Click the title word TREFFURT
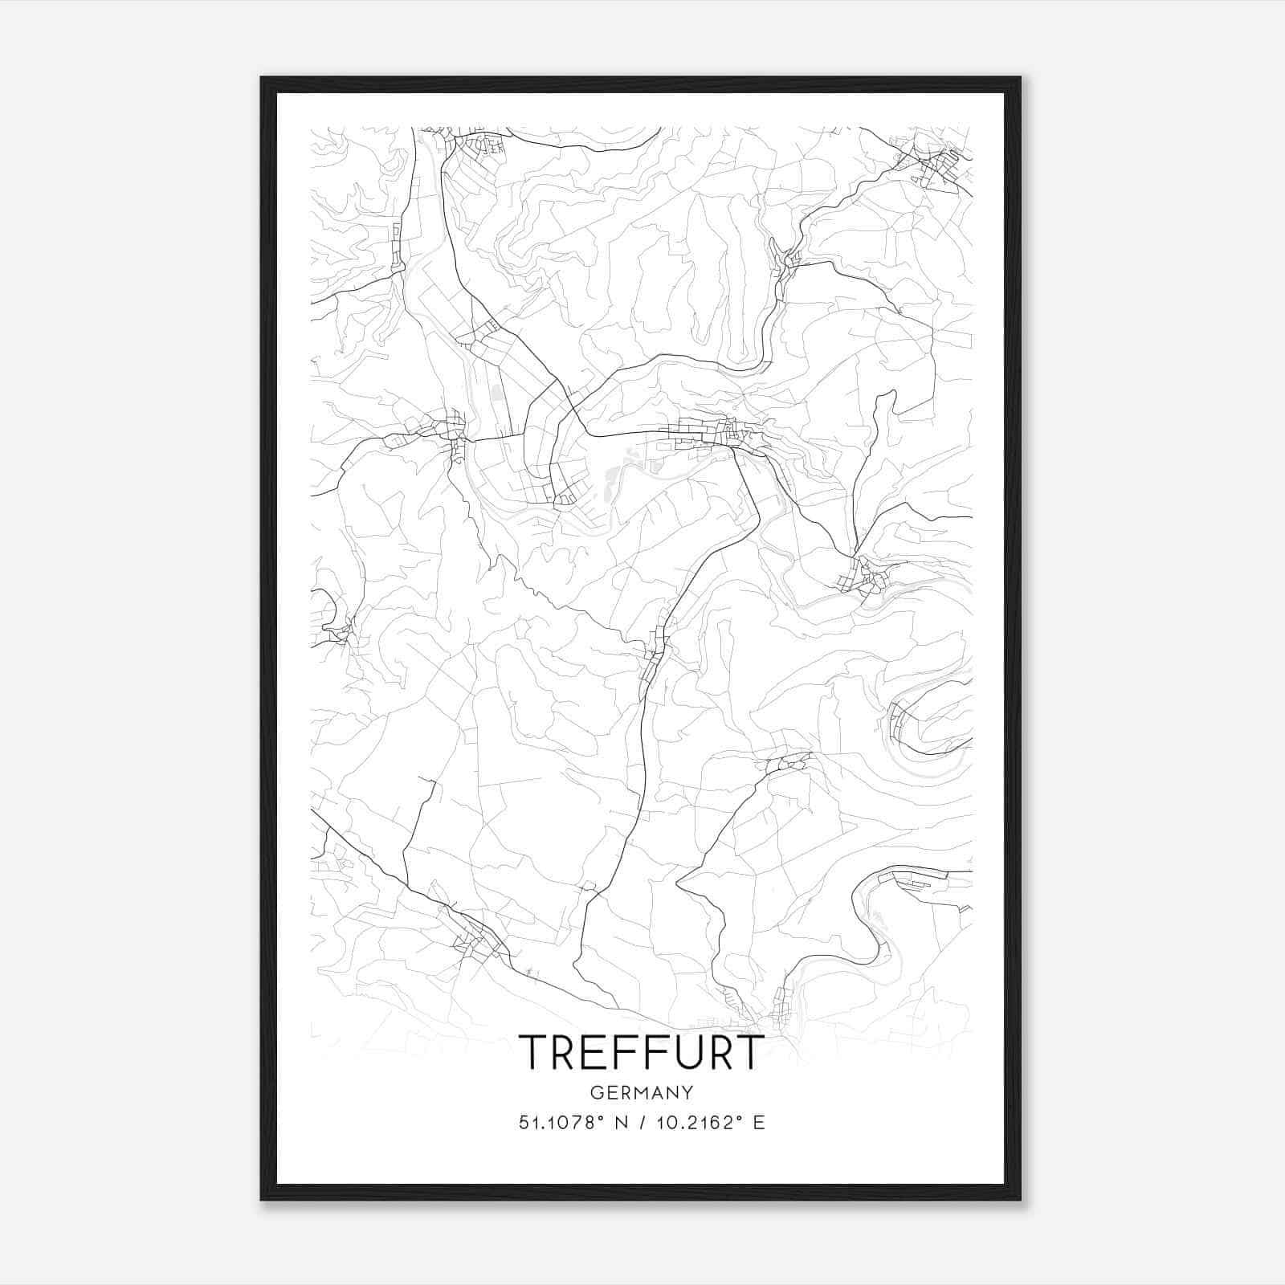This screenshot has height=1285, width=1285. pyautogui.click(x=641, y=1052)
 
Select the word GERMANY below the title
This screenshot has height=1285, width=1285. pyautogui.click(x=641, y=1093)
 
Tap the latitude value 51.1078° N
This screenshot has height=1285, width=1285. pyautogui.click(x=571, y=1123)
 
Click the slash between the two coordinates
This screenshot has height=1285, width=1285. pyautogui.click(x=639, y=1123)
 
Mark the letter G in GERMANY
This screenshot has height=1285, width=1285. pyautogui.click(x=594, y=1093)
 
